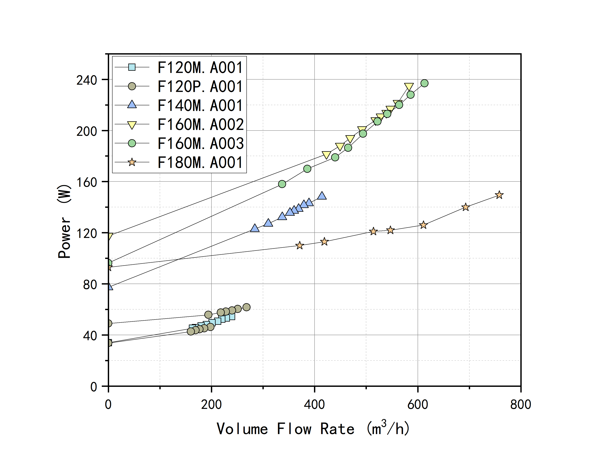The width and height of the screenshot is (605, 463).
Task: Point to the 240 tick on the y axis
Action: tap(87, 80)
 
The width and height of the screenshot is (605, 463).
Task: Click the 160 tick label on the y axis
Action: tap(87, 182)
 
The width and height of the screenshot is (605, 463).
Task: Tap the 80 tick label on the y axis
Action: tap(90, 284)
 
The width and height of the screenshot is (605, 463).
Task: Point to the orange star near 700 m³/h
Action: tap(466, 207)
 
